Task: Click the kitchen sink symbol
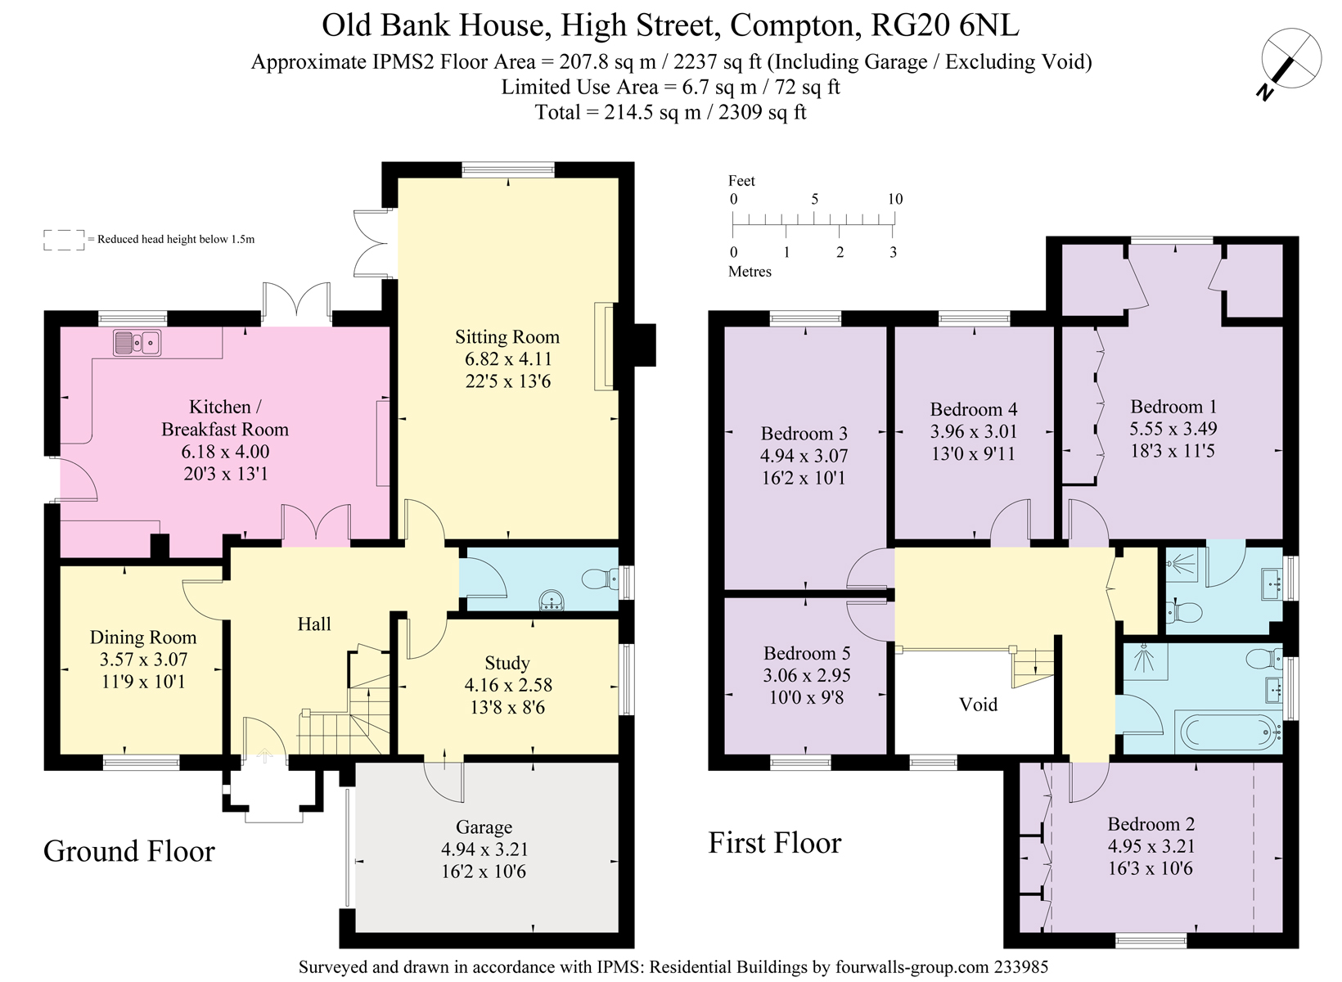[137, 343]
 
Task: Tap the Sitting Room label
[507, 337]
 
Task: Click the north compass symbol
[1290, 59]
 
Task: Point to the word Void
[978, 705]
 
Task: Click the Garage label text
[484, 827]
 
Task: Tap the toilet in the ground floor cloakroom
[601, 579]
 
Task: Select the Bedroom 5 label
[806, 653]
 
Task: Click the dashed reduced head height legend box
[64, 239]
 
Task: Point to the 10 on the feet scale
[894, 199]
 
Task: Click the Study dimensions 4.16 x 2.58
[508, 685]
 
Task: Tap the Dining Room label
[143, 637]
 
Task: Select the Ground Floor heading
[129, 851]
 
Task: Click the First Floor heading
[774, 843]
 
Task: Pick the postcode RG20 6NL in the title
[945, 25]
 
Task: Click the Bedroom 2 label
[1151, 824]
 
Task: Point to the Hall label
[314, 624]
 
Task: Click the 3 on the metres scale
[893, 252]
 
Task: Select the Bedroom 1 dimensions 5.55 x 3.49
[1173, 429]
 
